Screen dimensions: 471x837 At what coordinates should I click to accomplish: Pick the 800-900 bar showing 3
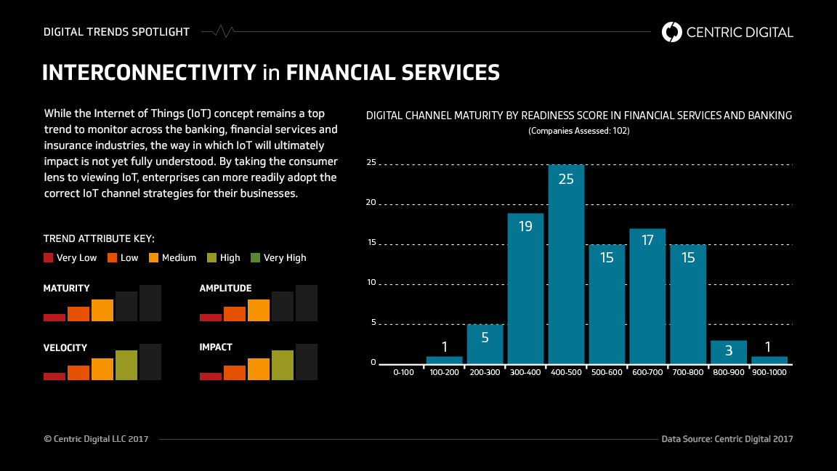tap(729, 352)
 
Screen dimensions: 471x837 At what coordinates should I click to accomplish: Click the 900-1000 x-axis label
tap(769, 372)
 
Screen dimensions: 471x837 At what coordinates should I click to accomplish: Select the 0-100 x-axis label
tap(403, 372)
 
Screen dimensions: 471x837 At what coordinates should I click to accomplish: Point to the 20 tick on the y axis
tap(371, 203)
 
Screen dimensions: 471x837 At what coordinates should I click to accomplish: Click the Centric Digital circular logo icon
tap(672, 31)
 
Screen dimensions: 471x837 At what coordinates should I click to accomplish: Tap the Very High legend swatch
tap(255, 257)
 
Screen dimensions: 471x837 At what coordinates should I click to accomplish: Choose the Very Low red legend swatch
tap(49, 257)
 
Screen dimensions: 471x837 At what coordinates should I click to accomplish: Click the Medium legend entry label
tap(179, 257)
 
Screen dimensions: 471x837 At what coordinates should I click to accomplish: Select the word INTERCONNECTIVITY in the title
tap(149, 73)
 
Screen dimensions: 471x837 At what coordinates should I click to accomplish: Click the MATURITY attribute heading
tap(67, 289)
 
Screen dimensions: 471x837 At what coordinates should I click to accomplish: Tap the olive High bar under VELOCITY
tap(126, 365)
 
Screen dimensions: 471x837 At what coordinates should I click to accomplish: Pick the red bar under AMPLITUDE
tap(211, 318)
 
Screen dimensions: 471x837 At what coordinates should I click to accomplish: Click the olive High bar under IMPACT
tap(283, 365)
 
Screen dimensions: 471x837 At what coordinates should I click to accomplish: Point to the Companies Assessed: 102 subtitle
tap(578, 131)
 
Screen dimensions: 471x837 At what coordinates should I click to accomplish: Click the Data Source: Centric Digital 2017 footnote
tap(727, 439)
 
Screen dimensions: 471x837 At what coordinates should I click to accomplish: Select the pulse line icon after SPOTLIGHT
tap(218, 31)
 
